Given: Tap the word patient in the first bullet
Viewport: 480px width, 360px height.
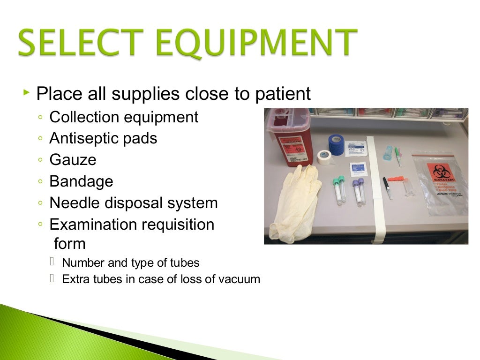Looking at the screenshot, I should [x=283, y=94].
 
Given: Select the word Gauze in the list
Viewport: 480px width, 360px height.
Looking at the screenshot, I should [x=73, y=160].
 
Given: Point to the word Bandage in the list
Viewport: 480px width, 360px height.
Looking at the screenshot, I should [x=81, y=181].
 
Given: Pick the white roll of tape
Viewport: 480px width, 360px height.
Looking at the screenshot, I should [x=324, y=157].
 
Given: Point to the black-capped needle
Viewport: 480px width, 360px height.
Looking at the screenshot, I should [x=387, y=187].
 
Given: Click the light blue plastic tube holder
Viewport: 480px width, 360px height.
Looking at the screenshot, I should [x=388, y=152].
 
